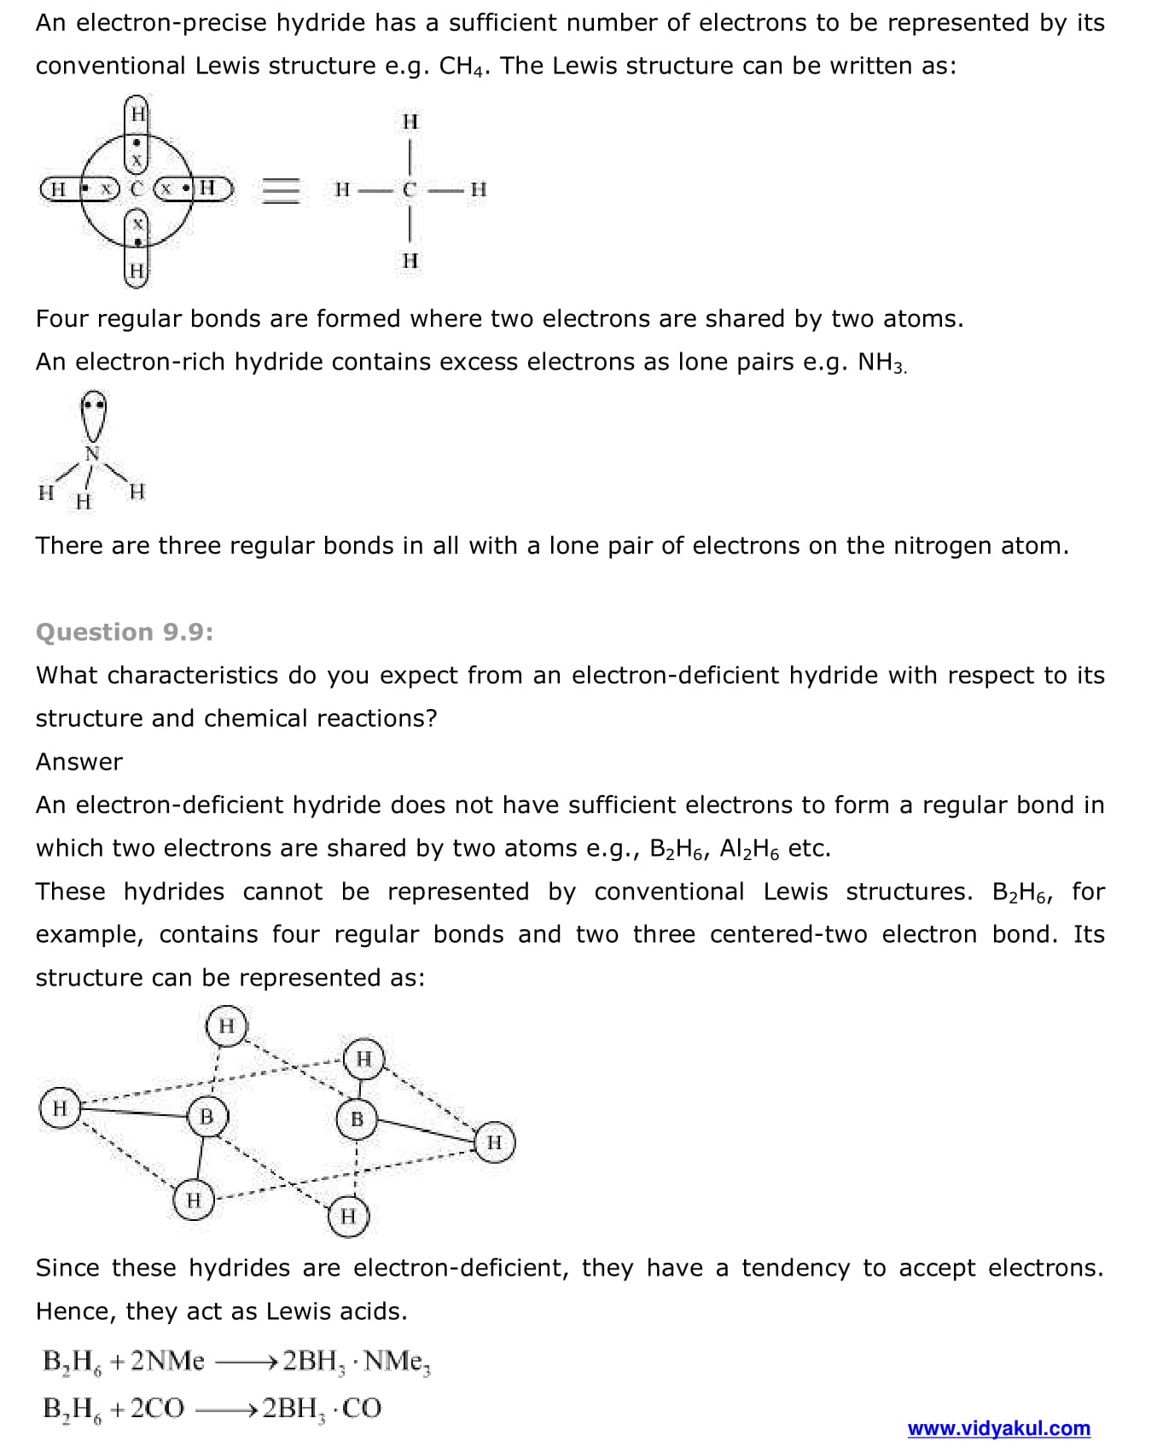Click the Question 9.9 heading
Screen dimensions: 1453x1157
click(125, 632)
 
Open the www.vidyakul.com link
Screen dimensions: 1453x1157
click(998, 1428)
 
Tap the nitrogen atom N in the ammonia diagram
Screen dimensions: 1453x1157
click(92, 453)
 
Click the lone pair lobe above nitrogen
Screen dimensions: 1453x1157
click(93, 413)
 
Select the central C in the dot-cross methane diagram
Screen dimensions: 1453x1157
click(137, 189)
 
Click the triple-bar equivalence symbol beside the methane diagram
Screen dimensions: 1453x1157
click(281, 189)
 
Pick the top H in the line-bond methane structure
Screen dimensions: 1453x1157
click(410, 121)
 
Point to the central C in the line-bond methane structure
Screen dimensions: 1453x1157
click(410, 189)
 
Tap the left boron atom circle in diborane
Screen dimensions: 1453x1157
click(206, 1116)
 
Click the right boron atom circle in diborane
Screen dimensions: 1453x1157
click(357, 1119)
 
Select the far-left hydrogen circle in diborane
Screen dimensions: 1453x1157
click(60, 1108)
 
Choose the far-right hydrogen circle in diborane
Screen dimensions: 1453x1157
click(494, 1142)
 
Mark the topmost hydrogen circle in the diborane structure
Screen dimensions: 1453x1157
click(226, 1025)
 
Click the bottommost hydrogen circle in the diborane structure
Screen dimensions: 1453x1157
click(348, 1216)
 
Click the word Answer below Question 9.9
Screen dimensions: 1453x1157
click(79, 762)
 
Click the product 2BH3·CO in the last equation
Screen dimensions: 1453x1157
click(321, 1409)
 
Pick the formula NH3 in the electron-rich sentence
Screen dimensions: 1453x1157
click(881, 363)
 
